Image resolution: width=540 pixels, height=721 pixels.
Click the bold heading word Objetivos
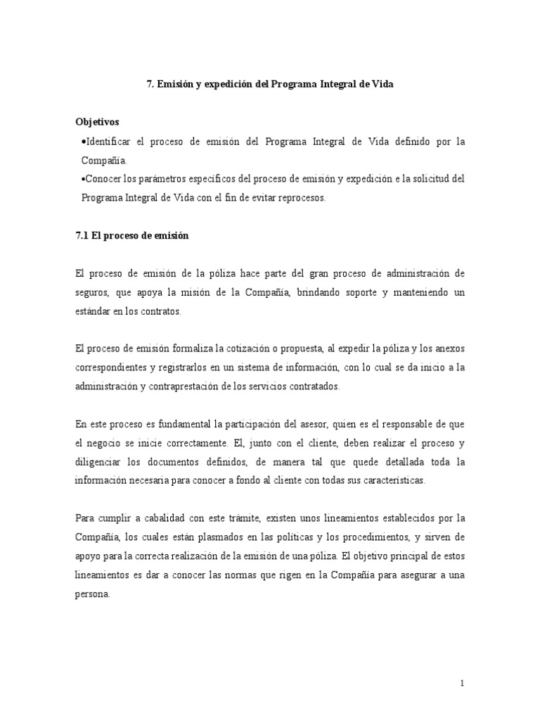point(98,122)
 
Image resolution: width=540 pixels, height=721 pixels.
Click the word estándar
point(93,310)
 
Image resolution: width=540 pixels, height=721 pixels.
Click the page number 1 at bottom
point(462,682)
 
